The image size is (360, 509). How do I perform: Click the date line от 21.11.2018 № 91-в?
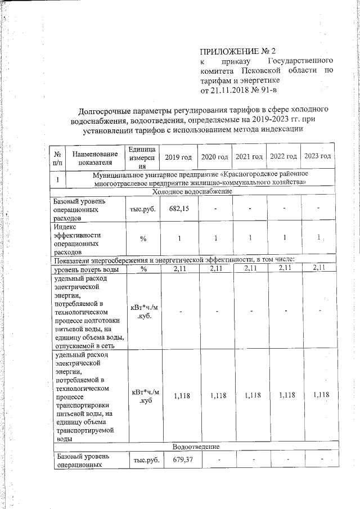(x=239, y=89)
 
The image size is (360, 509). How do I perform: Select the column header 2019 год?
(x=178, y=156)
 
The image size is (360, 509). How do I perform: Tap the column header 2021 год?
(x=250, y=156)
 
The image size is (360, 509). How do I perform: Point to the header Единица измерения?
(x=143, y=157)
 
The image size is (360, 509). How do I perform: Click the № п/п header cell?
(x=58, y=157)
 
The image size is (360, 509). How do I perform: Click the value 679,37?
(x=178, y=461)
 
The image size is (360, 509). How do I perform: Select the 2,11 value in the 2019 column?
(x=178, y=269)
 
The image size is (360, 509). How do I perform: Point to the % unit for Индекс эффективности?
(x=143, y=238)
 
